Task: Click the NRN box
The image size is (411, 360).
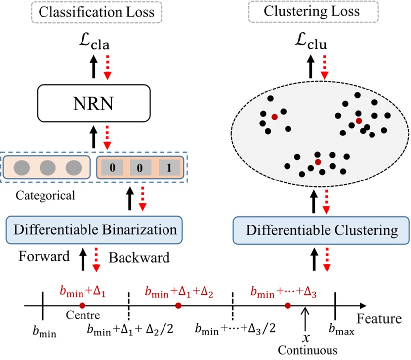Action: pos(93,103)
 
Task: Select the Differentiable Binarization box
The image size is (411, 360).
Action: pos(94,230)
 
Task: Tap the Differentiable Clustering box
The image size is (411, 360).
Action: pos(321,230)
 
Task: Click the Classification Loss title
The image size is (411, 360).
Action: pos(96,12)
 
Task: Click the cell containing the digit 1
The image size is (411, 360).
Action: pos(169,168)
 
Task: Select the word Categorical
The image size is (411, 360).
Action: pos(45,196)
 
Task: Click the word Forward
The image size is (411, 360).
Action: pos(44,256)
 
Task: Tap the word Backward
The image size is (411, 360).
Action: pos(139,258)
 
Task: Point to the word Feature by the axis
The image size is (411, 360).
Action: pos(379,319)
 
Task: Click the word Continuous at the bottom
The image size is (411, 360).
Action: pos(308,350)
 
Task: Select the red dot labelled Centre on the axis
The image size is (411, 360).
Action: pos(82,306)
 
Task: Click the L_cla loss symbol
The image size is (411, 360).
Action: pos(94,42)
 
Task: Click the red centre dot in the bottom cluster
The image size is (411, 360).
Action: pos(318,162)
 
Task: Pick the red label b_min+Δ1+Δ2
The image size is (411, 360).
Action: pos(179,292)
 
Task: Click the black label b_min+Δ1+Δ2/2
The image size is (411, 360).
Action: pos(130,329)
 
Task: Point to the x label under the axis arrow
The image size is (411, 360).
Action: pos(306,338)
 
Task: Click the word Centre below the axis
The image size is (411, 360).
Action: pos(83,315)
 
